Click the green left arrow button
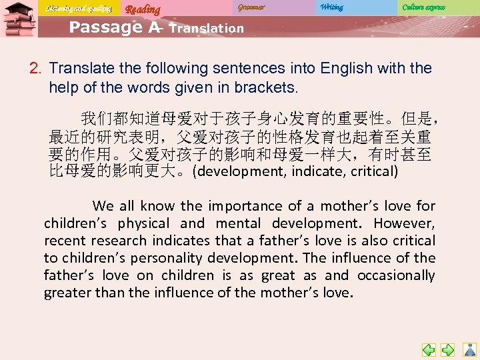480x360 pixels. point(429,349)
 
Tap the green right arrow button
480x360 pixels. point(449,349)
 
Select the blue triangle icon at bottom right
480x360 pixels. point(469,349)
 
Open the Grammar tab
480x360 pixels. point(251,7)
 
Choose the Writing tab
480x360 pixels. point(331,7)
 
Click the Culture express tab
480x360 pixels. point(423,7)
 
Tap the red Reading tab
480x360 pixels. point(143,9)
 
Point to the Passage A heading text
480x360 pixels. point(114,27)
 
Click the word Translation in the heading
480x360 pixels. point(207,29)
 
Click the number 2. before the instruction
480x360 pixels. point(36,68)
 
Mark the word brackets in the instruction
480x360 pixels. point(265,87)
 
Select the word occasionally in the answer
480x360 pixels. point(396,275)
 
